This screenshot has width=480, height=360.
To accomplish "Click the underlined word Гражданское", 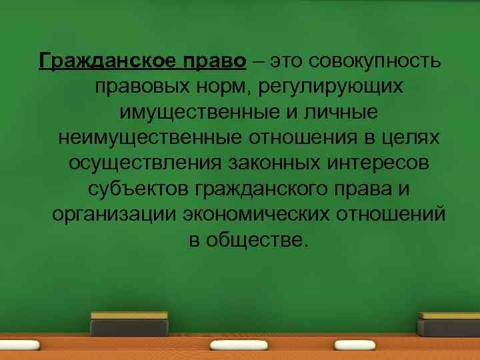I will coord(107,61).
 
